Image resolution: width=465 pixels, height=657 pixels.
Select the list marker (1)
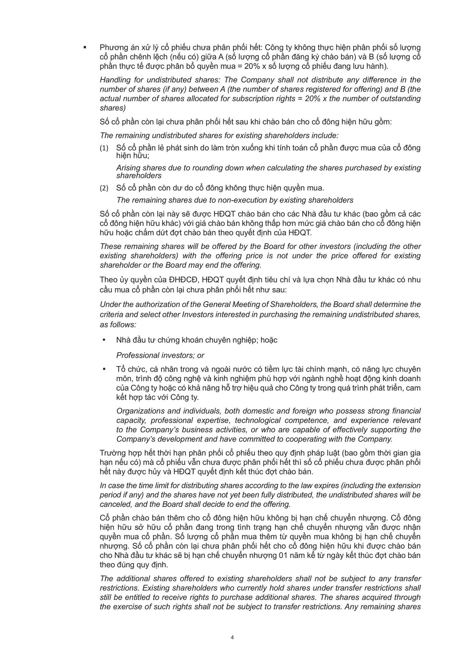104,148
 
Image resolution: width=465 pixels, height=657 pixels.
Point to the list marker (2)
104,189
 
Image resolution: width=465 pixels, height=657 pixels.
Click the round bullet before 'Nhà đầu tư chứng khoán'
104,340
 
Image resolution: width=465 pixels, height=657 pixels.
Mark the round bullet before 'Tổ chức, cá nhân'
104,369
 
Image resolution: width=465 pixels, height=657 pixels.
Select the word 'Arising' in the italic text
128,168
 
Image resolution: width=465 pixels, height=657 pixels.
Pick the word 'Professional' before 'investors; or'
137,355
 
